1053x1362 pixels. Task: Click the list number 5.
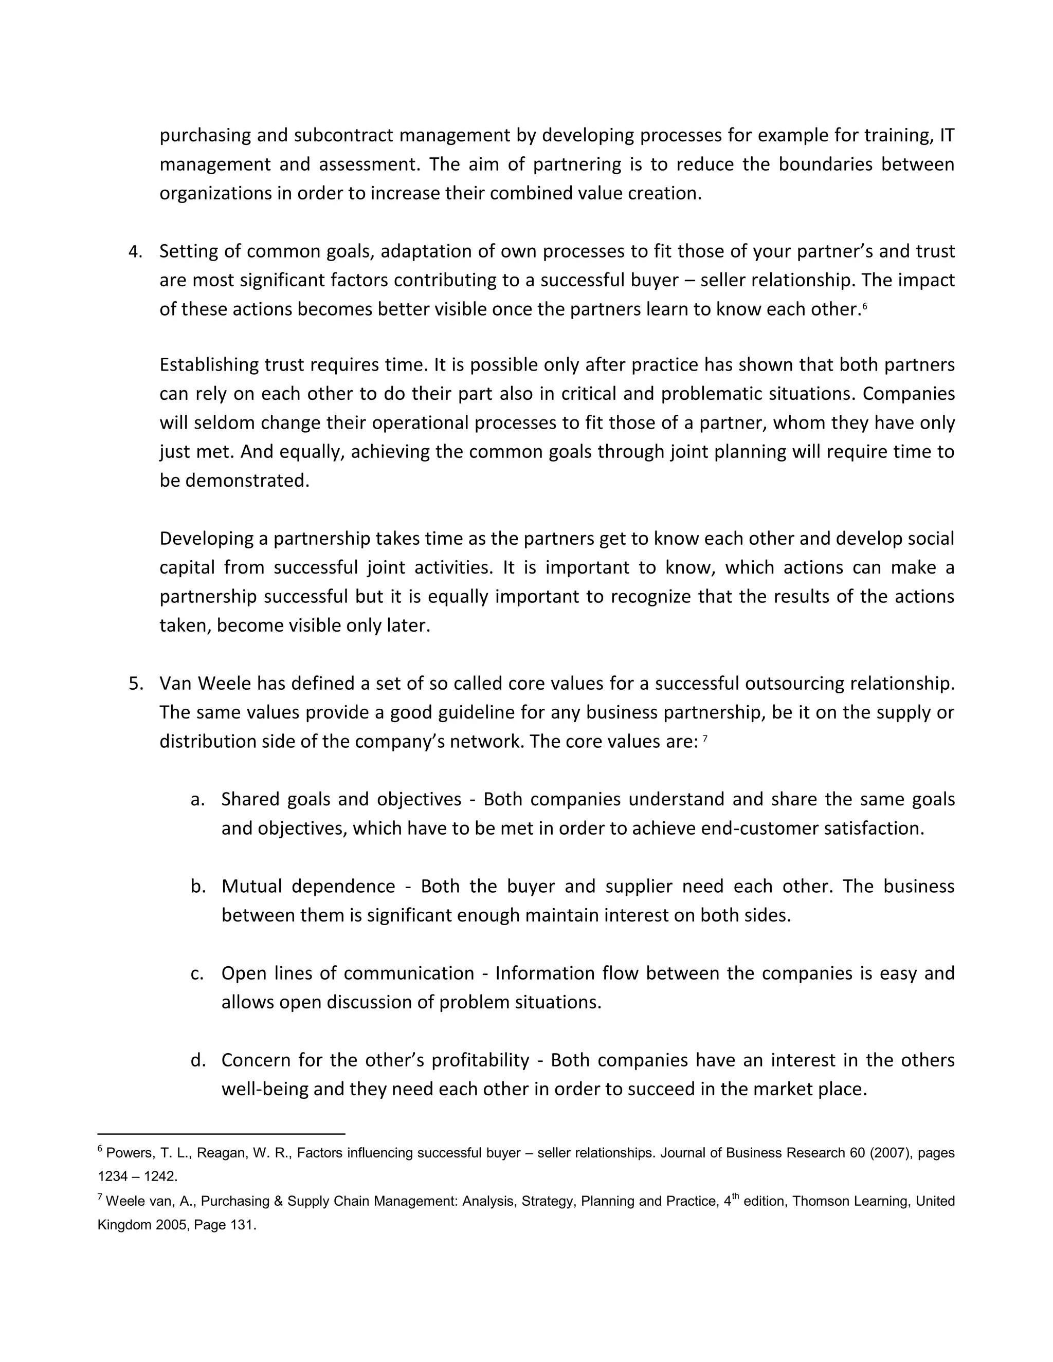(134, 684)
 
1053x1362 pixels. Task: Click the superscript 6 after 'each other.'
(865, 306)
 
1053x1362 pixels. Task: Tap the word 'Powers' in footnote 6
(125, 1153)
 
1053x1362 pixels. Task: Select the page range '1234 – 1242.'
(137, 1177)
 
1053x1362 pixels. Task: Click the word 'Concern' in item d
(255, 1060)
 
